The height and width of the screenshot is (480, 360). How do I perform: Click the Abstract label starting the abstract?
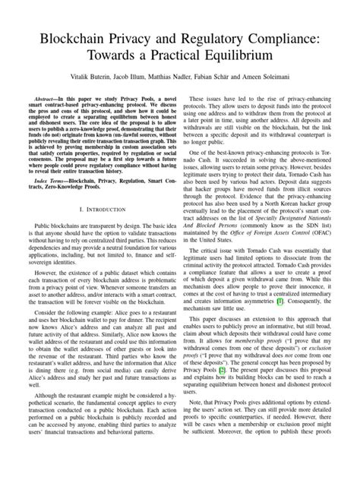click(42, 99)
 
